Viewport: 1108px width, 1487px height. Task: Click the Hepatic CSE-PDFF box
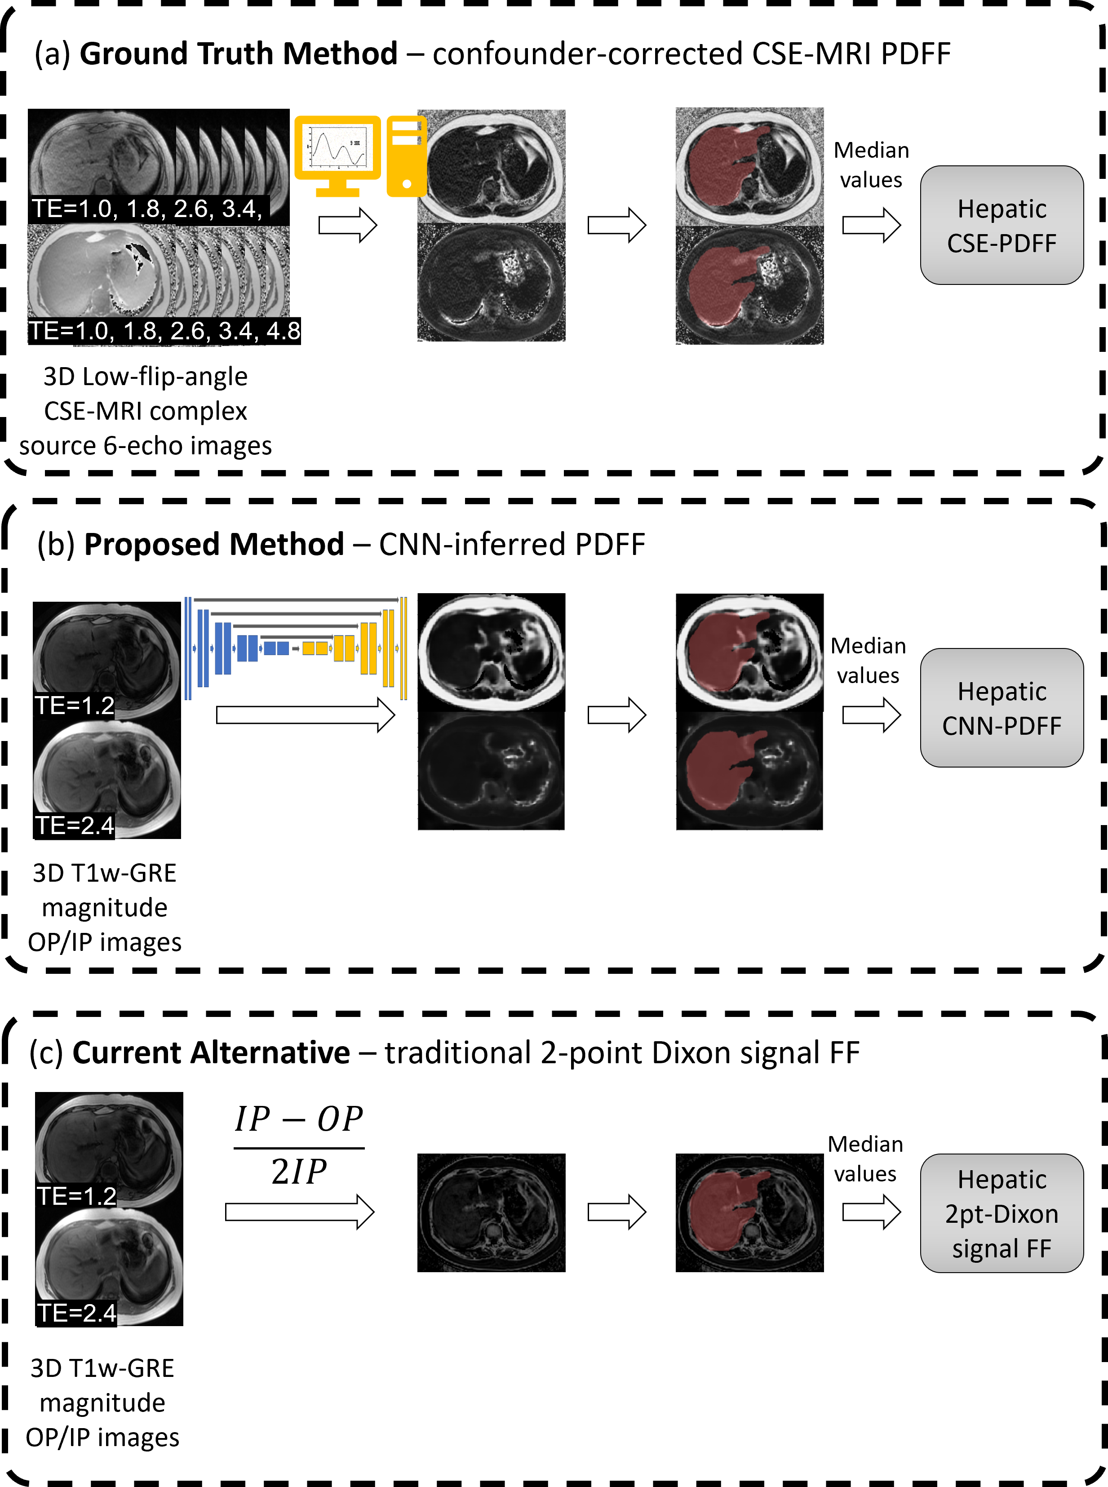1002,225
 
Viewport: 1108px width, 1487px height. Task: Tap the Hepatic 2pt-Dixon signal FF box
1002,1213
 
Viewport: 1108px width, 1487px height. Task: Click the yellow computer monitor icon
337,149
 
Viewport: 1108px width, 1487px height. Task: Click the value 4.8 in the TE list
283,331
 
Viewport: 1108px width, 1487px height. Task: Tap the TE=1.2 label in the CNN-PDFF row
75,706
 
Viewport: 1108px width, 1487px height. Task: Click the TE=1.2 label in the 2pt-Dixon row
76,1196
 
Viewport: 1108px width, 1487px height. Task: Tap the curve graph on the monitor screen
337,147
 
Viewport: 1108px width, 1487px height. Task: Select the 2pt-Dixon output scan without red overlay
492,1213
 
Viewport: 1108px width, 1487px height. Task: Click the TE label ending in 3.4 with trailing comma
146,209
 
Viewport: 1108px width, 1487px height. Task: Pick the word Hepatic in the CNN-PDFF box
1002,691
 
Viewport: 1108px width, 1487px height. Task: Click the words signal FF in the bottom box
1002,1248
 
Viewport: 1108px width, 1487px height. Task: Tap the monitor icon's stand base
337,192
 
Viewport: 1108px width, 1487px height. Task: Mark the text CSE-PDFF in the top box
1002,243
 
